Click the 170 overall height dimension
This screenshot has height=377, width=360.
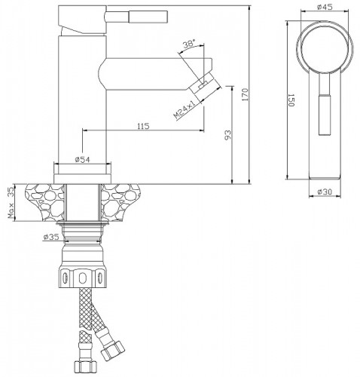[x=245, y=94]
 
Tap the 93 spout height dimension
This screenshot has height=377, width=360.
[x=227, y=135]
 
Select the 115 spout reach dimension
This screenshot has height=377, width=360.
[x=143, y=126]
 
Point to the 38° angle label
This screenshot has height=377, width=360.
[x=189, y=44]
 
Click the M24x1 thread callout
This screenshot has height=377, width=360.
[x=185, y=109]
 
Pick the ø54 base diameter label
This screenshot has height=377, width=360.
[x=82, y=159]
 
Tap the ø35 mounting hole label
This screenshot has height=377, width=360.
[x=51, y=237]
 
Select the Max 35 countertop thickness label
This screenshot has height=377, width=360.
[x=11, y=202]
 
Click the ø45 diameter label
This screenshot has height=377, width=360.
[x=325, y=7]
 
